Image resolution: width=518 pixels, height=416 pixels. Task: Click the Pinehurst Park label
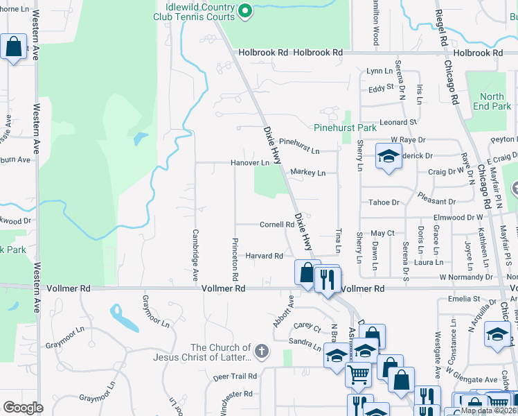345,128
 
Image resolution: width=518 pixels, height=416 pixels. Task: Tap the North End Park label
492,102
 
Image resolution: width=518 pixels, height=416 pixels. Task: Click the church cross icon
261,351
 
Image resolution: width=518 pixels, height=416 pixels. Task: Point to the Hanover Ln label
249,163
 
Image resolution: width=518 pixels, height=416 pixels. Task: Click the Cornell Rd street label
277,225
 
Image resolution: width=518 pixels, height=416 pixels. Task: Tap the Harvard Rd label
264,256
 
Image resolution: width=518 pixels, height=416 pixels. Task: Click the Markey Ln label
307,172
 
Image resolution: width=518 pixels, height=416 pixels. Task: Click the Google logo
23,408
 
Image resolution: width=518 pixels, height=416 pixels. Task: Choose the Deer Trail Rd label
235,376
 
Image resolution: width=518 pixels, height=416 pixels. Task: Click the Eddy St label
381,88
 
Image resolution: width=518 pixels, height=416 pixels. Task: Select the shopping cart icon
359,374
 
